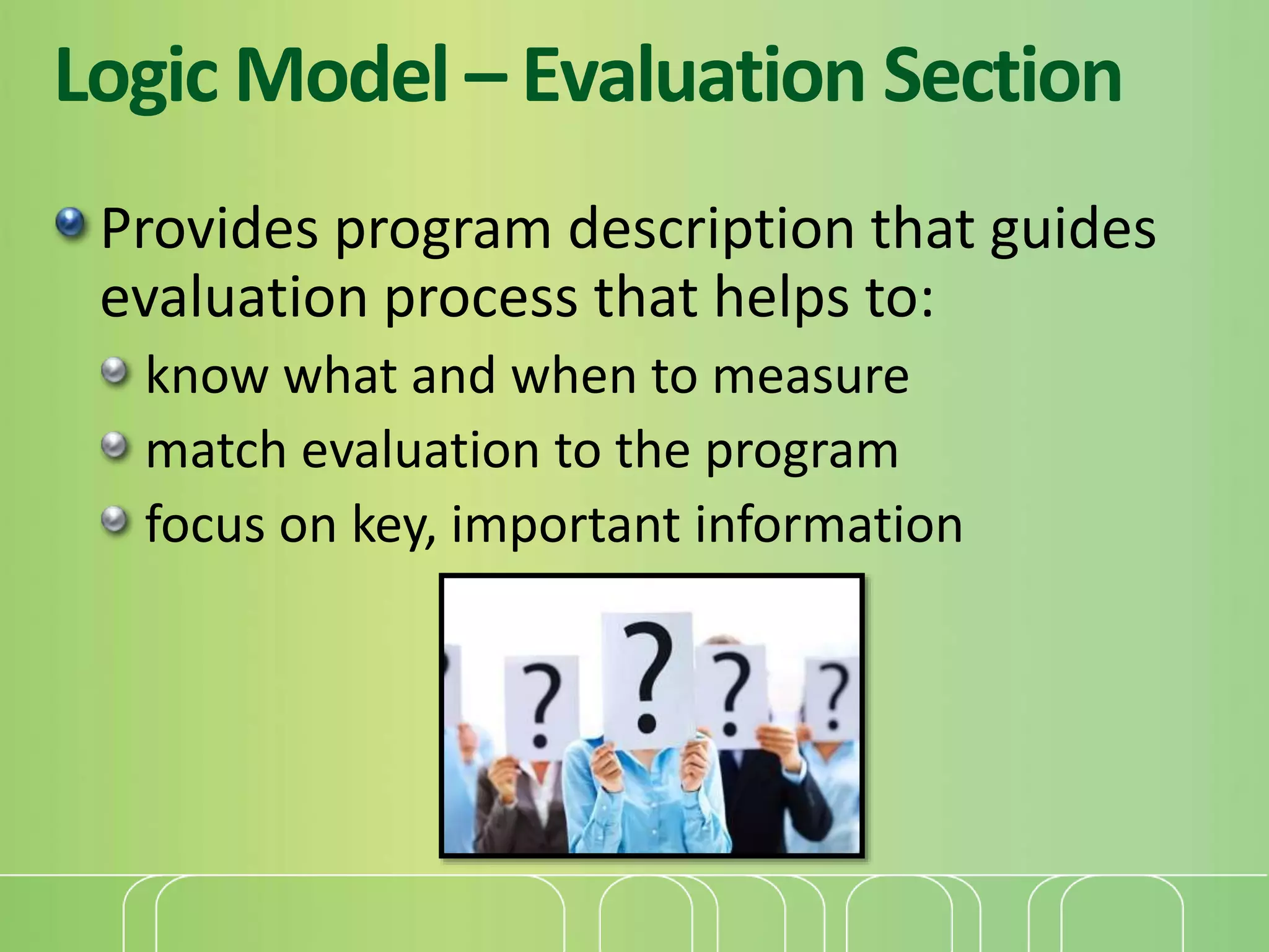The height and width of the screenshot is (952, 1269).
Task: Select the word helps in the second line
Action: pyautogui.click(x=781, y=298)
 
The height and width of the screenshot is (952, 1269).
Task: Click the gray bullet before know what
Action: pyautogui.click(x=115, y=372)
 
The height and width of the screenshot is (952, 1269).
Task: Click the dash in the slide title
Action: pyautogui.click(x=485, y=80)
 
